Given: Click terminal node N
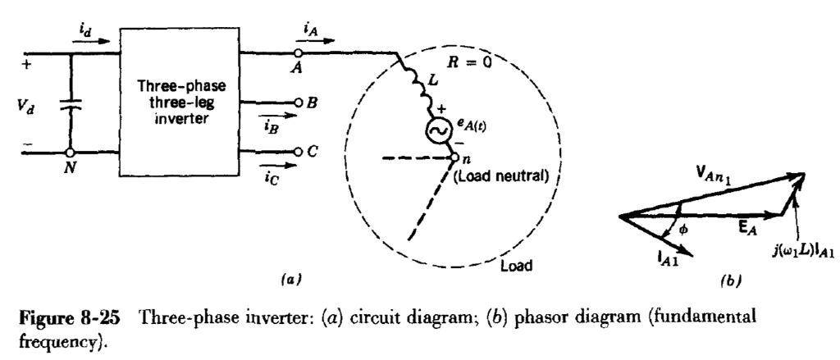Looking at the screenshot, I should [x=71, y=152].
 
